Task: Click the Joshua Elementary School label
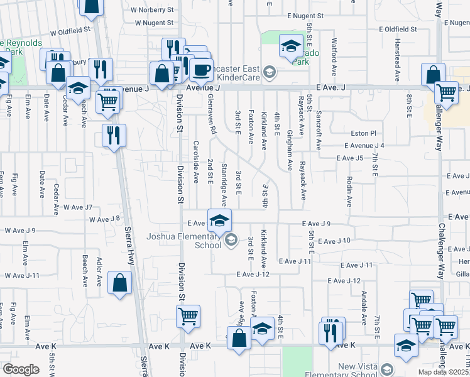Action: [x=185, y=241]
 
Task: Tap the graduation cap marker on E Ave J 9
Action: [x=219, y=221]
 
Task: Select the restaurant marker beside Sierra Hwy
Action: [x=114, y=135]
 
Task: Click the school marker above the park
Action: [x=291, y=46]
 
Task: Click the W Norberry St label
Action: [x=152, y=10]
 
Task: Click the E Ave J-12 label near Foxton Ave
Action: [x=253, y=275]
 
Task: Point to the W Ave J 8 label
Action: [x=104, y=219]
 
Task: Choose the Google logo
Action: [x=21, y=369]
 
